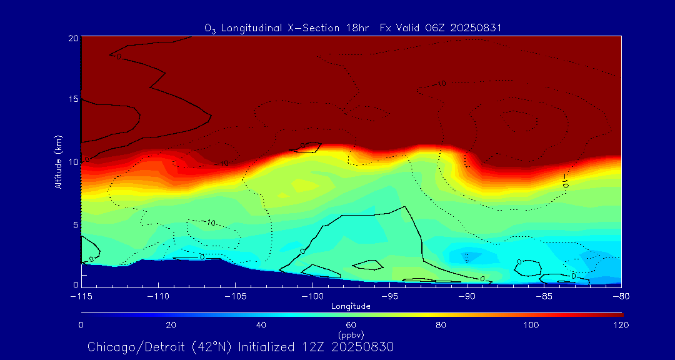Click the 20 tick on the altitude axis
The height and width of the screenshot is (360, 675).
pyautogui.click(x=72, y=38)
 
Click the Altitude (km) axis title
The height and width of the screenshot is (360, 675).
pyautogui.click(x=58, y=162)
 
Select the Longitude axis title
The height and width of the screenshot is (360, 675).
pyautogui.click(x=351, y=306)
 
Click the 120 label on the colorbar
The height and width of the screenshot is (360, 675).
pyautogui.click(x=621, y=325)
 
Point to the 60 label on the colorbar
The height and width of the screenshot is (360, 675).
pyautogui.click(x=351, y=325)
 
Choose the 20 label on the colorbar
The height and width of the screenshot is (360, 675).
pyautogui.click(x=171, y=325)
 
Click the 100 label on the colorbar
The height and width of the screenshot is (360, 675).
pyautogui.click(x=531, y=325)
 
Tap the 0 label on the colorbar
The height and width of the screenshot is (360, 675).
pyautogui.click(x=81, y=325)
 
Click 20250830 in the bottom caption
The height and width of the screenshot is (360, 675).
pyautogui.click(x=362, y=347)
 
